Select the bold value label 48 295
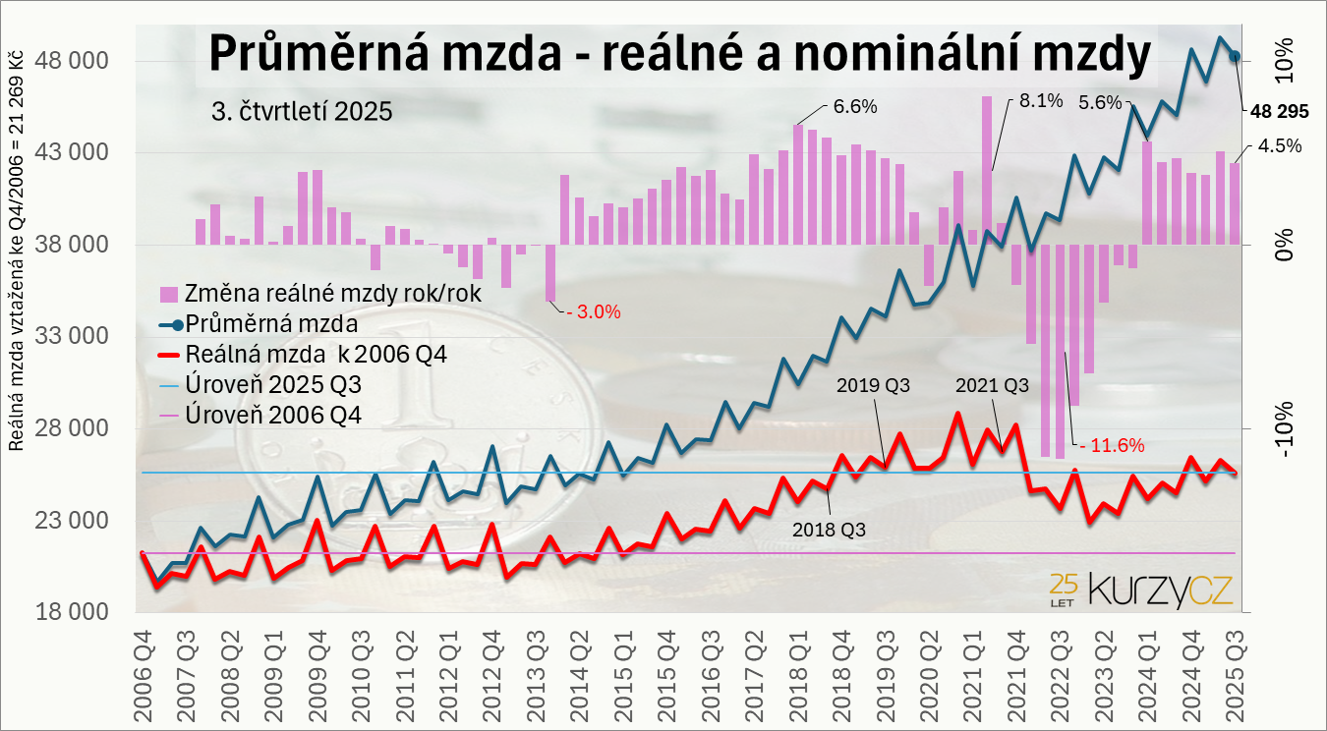click(1279, 112)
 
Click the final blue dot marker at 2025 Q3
click(1236, 56)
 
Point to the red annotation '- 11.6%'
click(1113, 445)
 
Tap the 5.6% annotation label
click(1100, 102)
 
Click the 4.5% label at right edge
click(1280, 145)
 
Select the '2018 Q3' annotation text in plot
click(829, 528)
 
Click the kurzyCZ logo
click(1140, 590)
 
